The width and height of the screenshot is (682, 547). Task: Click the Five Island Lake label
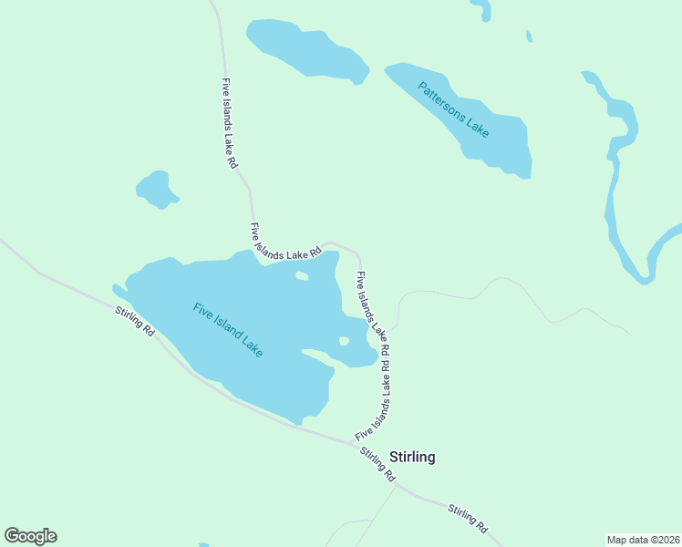228,329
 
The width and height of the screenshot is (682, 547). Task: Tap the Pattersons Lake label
453,110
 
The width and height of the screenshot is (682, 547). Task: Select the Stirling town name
412,458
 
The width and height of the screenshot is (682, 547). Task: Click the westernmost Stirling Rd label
135,323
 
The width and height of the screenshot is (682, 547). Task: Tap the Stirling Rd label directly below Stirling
377,465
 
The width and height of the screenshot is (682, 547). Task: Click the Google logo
30,536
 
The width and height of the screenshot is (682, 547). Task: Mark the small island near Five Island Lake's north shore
302,275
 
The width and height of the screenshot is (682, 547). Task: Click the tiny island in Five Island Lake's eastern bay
344,341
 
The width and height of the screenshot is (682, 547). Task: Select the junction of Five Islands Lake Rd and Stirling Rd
356,444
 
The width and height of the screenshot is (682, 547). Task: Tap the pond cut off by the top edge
480,9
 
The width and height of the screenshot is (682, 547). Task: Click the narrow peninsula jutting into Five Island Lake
319,355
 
